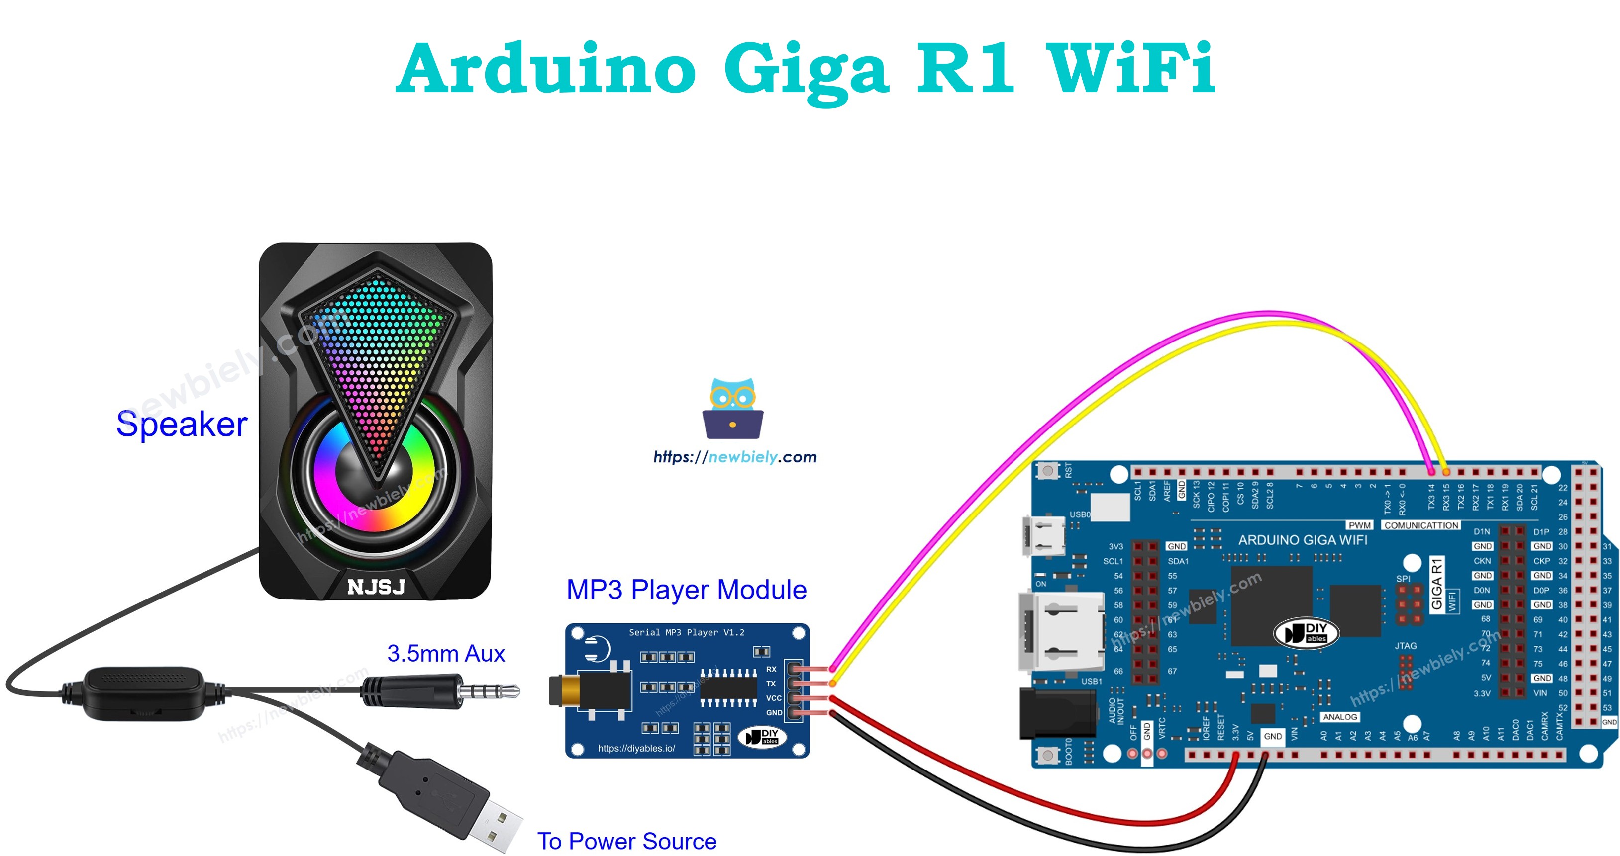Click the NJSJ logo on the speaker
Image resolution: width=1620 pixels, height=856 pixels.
click(x=376, y=587)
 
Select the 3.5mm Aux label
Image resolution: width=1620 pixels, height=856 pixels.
click(x=446, y=654)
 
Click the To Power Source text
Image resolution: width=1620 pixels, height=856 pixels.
click(x=626, y=841)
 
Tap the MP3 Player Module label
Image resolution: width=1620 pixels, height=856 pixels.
click(x=686, y=590)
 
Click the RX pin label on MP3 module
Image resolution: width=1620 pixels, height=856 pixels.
click(x=771, y=669)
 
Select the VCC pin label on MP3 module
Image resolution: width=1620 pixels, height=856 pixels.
click(x=773, y=698)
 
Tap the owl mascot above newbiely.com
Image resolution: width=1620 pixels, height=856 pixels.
click(x=733, y=409)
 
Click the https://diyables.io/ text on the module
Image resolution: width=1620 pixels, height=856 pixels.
click(x=636, y=748)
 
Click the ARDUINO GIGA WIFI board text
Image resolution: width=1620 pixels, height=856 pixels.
click(x=1303, y=540)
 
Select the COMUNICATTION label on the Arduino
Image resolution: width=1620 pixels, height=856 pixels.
click(x=1420, y=525)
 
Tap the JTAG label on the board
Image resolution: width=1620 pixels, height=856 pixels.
click(x=1406, y=645)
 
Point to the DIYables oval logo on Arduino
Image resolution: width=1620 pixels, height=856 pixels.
click(x=1306, y=632)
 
